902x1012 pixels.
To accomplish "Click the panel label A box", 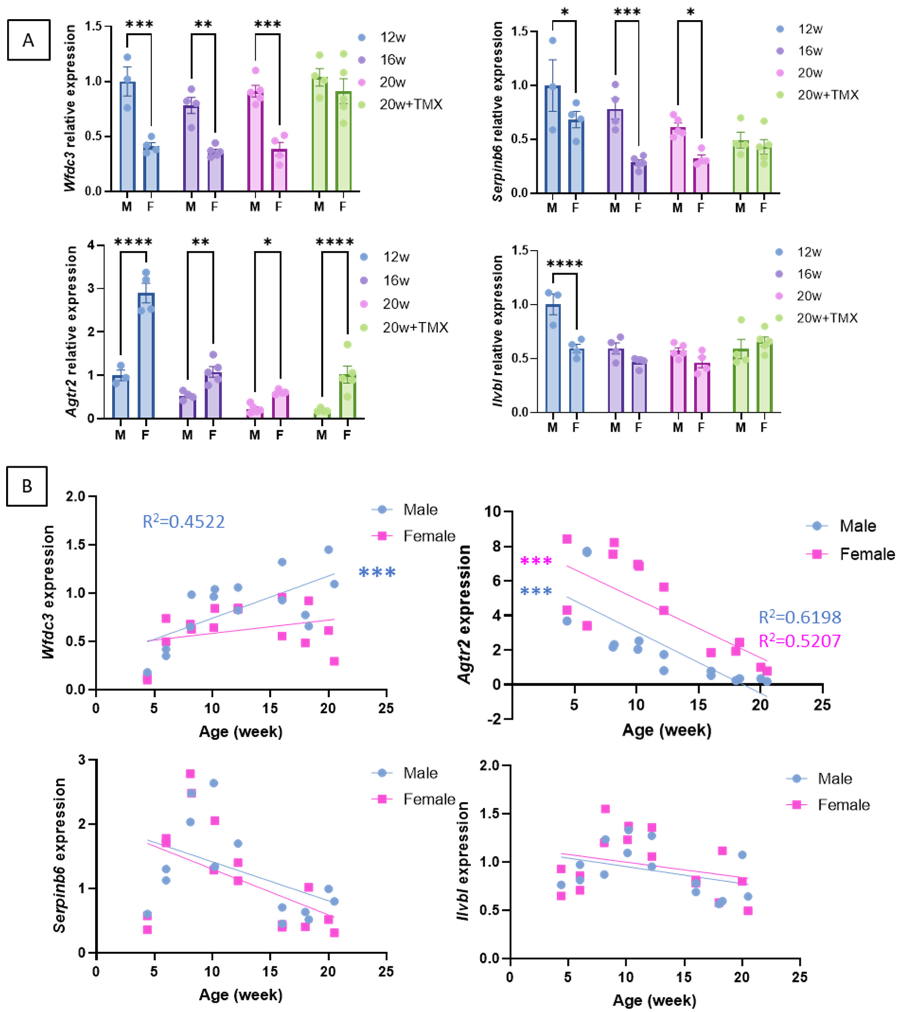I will tap(28, 40).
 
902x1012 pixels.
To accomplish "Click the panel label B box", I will tap(27, 486).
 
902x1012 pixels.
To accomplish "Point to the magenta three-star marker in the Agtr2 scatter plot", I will tap(536, 561).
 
